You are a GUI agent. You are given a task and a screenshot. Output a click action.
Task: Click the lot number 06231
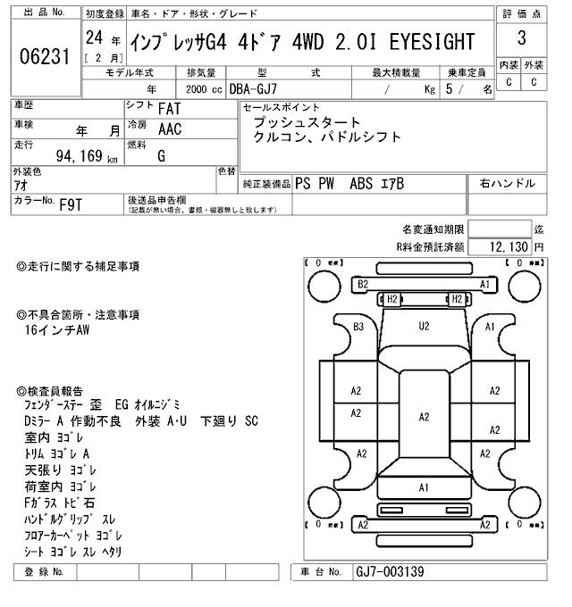point(44,56)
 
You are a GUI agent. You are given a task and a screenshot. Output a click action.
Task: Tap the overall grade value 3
point(521,38)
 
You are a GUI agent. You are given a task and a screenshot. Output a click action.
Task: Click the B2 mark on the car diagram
point(363,284)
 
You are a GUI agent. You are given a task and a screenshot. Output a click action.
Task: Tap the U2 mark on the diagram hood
point(425,327)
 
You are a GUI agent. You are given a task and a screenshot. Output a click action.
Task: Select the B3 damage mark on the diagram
point(358,327)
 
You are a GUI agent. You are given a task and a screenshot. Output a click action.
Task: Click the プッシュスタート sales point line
point(307,122)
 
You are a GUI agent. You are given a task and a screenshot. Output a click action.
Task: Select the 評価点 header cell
point(521,13)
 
